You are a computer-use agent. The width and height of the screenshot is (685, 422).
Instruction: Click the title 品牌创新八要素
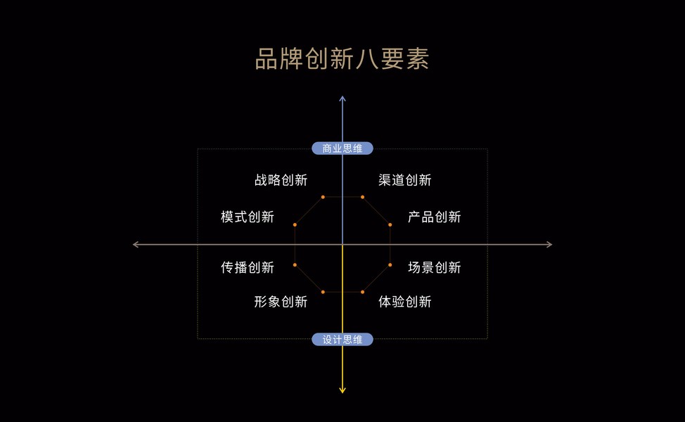pos(342,59)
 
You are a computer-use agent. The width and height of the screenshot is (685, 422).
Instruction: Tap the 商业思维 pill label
pos(342,148)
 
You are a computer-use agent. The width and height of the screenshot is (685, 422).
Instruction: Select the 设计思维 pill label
pos(342,340)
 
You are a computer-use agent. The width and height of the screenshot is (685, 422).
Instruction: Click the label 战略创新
pos(281,180)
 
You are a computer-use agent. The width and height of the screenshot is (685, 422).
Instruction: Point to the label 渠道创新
pos(404,180)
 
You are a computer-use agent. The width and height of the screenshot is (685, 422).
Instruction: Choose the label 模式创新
pos(247,217)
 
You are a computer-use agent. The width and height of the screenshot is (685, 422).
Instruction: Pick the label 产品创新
pos(434,217)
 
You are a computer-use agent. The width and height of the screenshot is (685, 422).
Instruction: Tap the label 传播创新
pos(247,267)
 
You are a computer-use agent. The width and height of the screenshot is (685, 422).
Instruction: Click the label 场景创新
pos(434,267)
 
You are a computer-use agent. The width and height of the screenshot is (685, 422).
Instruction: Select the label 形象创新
pos(281,302)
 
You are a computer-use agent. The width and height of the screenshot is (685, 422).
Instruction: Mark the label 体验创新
pos(404,302)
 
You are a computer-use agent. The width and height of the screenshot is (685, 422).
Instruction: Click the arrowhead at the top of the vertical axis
pos(342,98)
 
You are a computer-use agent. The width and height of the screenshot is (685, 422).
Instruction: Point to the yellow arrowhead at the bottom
pos(342,390)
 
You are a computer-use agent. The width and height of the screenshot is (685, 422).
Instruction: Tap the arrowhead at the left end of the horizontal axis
pos(136,245)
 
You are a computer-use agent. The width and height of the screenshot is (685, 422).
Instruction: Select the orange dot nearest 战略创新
pos(323,197)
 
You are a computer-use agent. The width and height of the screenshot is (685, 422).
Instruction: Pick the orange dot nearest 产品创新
pos(390,225)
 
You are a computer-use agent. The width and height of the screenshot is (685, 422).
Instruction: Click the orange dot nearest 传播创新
pos(295,264)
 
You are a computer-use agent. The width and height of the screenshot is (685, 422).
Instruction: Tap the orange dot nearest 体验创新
pos(362,292)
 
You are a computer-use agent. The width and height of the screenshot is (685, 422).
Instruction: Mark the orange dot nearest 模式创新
pos(295,225)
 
